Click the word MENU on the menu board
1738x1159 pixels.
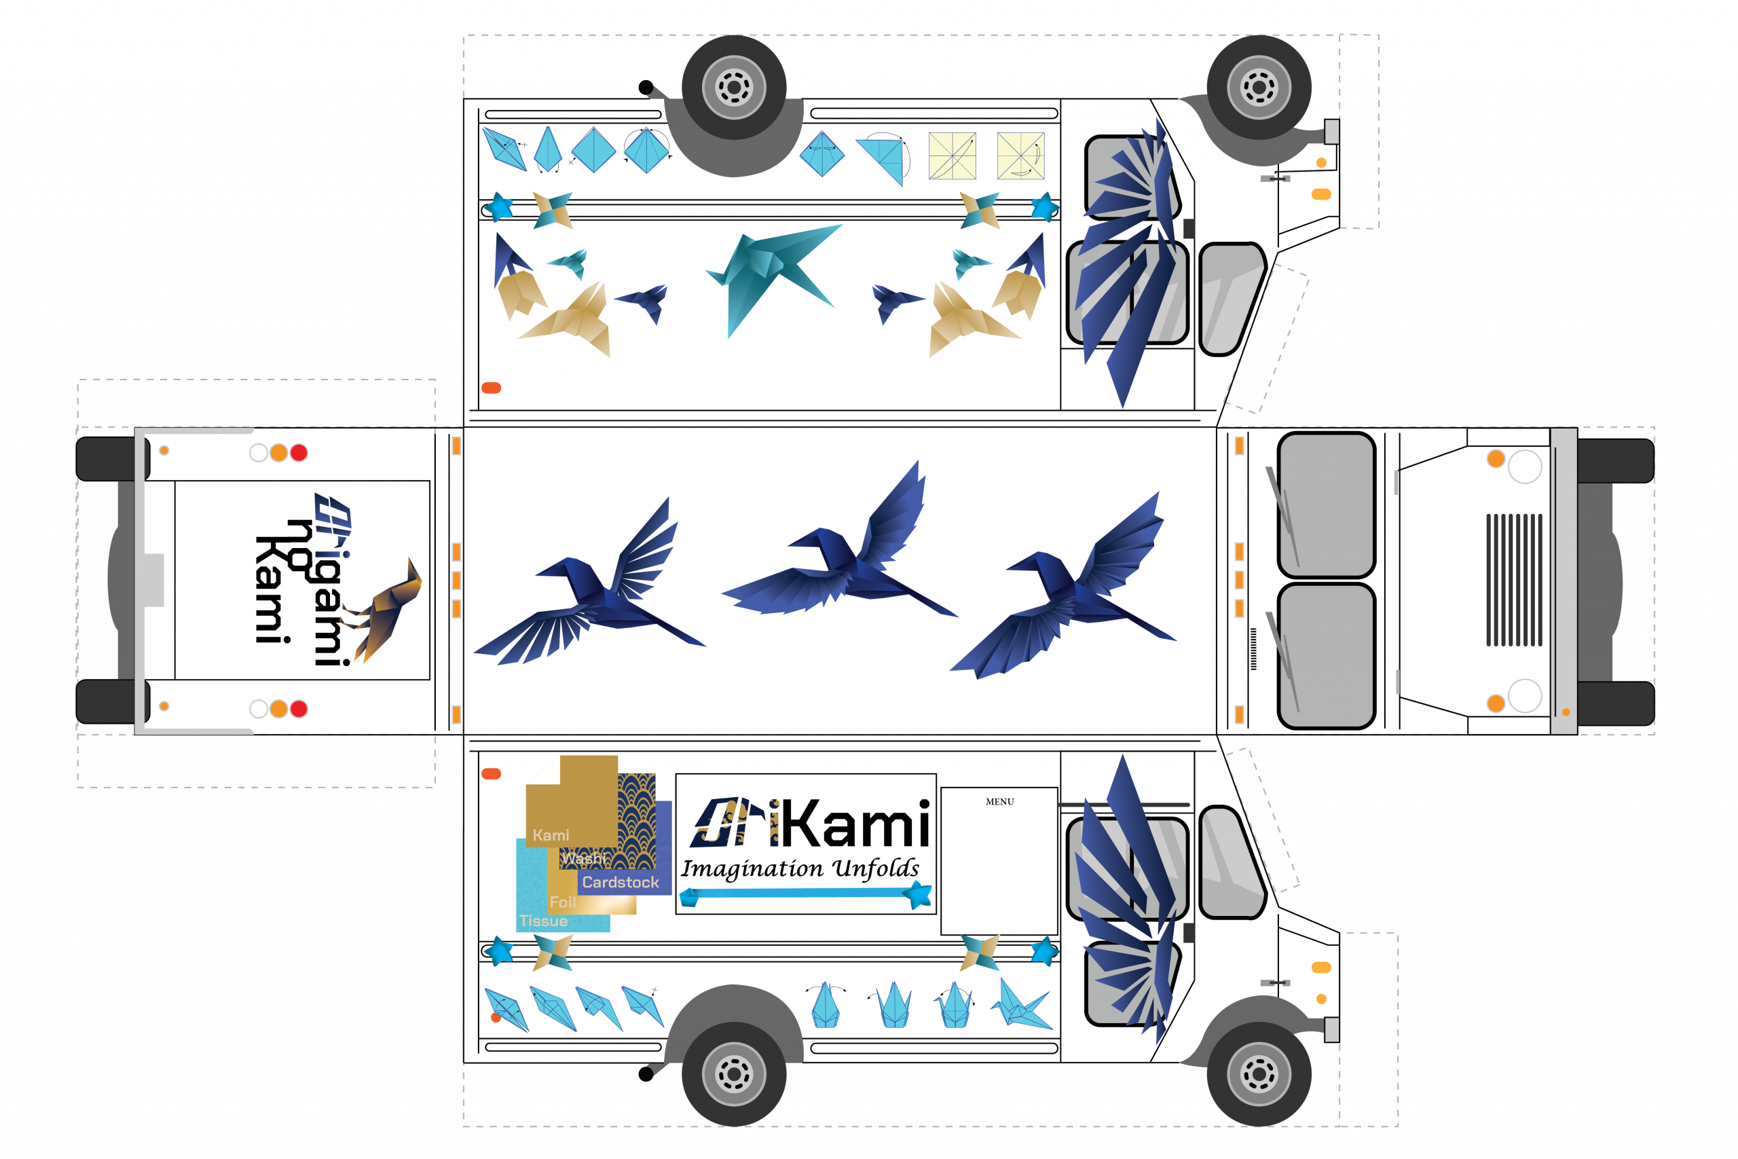point(999,802)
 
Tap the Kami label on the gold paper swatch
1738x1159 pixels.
point(551,835)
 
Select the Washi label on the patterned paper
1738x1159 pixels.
point(583,858)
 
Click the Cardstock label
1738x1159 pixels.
point(620,882)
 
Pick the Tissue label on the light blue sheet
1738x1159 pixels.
point(543,921)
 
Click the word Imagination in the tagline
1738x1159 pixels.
point(752,868)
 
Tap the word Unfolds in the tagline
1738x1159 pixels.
point(876,868)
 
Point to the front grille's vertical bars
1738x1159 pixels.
point(1514,580)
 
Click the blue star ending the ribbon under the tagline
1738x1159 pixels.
point(919,895)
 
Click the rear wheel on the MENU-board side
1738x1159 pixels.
point(734,1073)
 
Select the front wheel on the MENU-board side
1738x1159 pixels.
point(1259,1073)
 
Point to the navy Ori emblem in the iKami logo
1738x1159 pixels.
point(728,822)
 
